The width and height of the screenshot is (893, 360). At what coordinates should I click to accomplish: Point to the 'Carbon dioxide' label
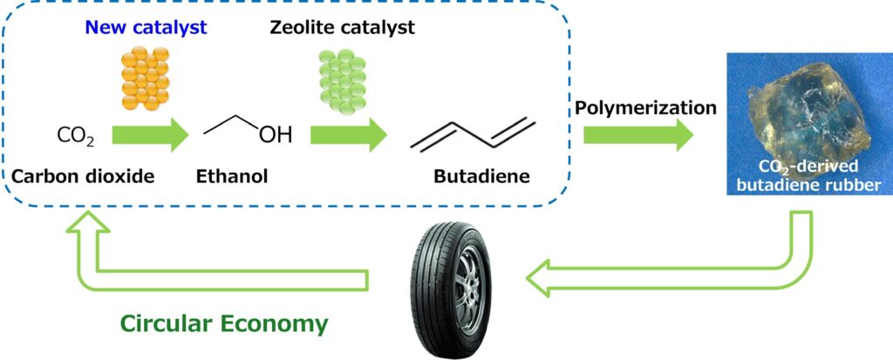tap(83, 177)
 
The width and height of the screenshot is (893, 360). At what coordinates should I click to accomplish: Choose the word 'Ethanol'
tap(232, 177)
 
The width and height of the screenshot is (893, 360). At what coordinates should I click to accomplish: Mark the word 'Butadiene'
tap(481, 177)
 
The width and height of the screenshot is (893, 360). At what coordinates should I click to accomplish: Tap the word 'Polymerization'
tap(645, 109)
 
